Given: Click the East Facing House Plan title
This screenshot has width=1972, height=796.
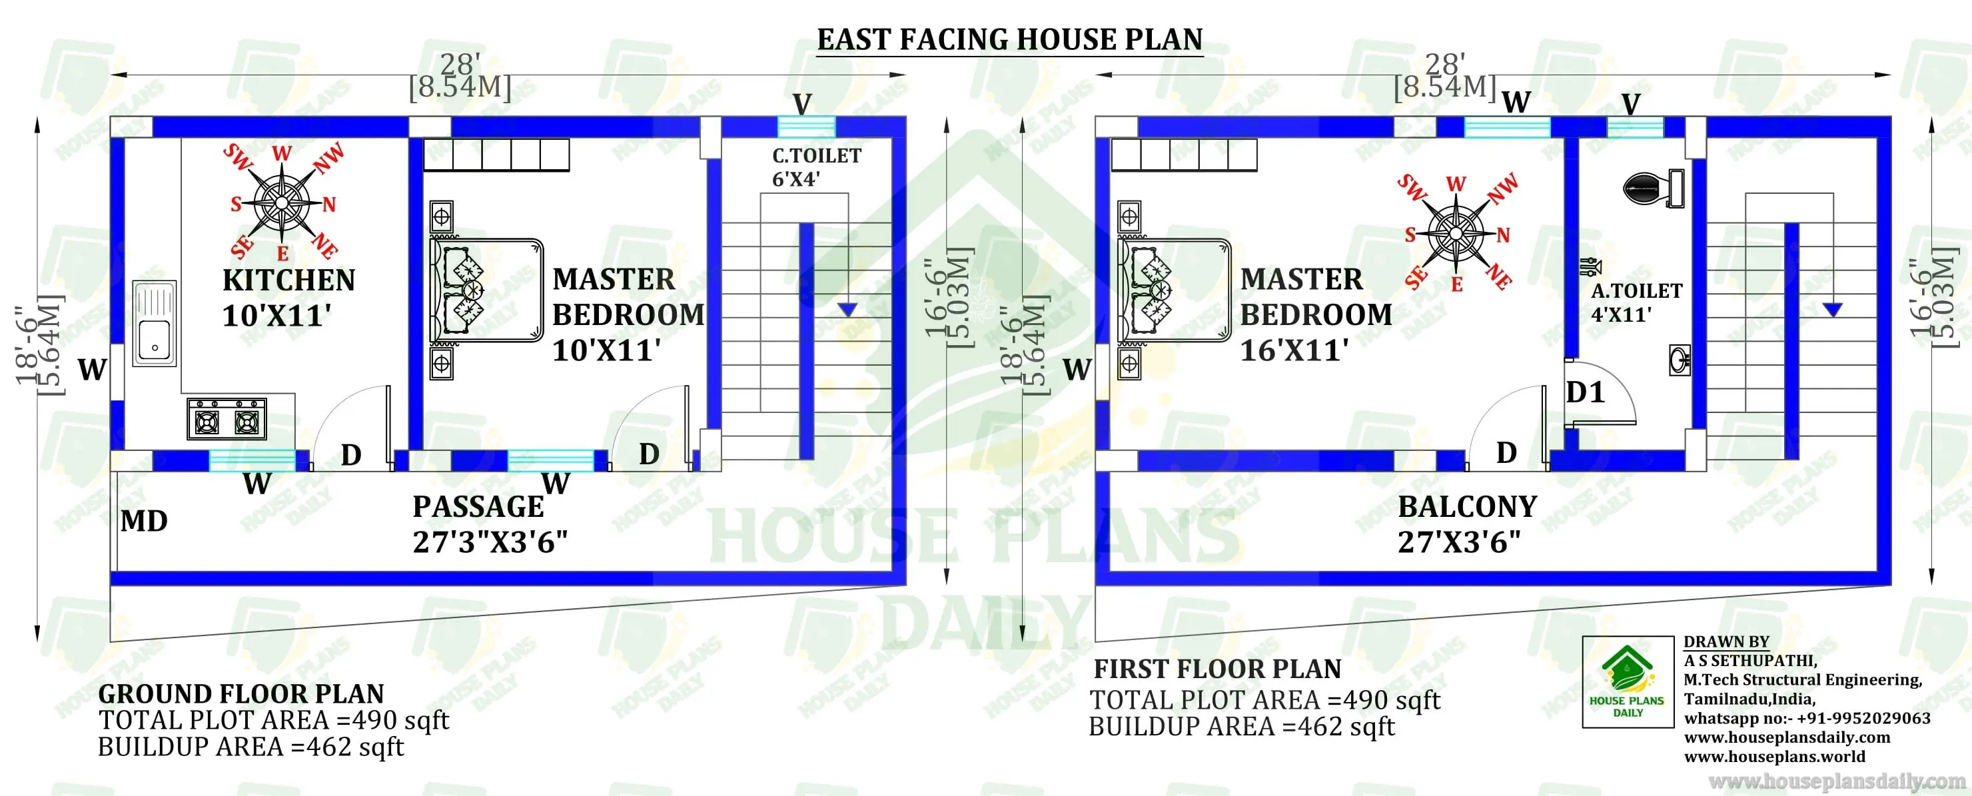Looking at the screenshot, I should (1010, 40).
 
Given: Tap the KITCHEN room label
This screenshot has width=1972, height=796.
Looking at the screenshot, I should (288, 280).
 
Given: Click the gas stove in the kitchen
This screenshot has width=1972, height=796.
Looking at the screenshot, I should (227, 420).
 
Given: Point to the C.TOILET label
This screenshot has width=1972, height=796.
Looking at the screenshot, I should (816, 156).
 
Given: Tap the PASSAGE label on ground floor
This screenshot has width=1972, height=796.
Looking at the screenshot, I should (478, 507).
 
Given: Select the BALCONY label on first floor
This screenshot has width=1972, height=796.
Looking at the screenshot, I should (1468, 507).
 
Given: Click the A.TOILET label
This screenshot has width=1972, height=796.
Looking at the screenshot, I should (1637, 292).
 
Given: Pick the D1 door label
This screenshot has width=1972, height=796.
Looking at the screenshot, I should (1585, 392).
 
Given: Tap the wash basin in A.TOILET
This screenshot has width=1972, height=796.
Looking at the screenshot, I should (1680, 360).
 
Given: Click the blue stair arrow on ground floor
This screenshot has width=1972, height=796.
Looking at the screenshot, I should (847, 309).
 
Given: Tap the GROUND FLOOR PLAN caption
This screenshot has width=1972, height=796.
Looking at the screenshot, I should (241, 694).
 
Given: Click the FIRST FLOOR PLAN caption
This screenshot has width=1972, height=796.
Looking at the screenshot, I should (1217, 669).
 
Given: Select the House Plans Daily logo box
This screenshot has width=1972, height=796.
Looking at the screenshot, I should (1628, 681).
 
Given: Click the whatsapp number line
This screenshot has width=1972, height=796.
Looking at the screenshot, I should (1807, 719).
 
